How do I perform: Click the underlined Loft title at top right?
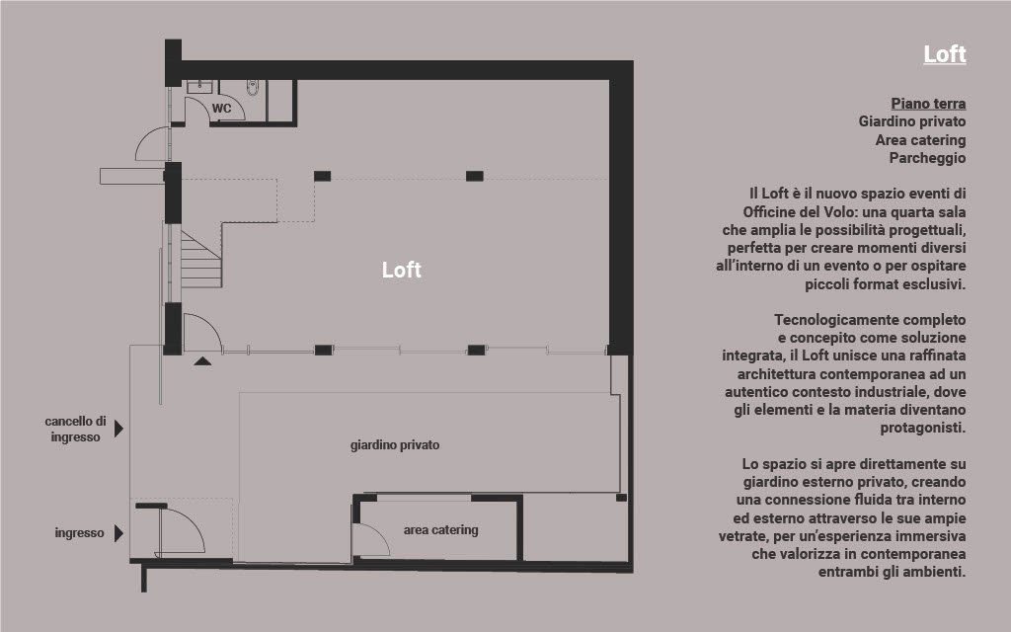click(x=945, y=54)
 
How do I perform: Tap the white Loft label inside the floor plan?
click(x=401, y=270)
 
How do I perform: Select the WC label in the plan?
click(x=221, y=109)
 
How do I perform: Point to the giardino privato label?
click(x=395, y=445)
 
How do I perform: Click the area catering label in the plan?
click(x=441, y=530)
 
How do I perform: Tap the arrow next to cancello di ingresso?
click(x=118, y=429)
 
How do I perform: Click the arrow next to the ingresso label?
click(x=118, y=533)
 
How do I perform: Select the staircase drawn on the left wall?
click(x=201, y=260)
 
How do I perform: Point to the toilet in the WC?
click(x=253, y=88)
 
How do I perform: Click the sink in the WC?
click(x=199, y=87)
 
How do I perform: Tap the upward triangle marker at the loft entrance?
click(x=202, y=361)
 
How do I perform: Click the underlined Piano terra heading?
click(x=928, y=104)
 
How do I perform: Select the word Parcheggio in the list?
click(x=927, y=158)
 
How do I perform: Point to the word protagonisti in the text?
click(x=923, y=428)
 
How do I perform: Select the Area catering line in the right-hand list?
click(x=920, y=140)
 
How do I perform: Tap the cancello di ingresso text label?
click(x=75, y=429)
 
